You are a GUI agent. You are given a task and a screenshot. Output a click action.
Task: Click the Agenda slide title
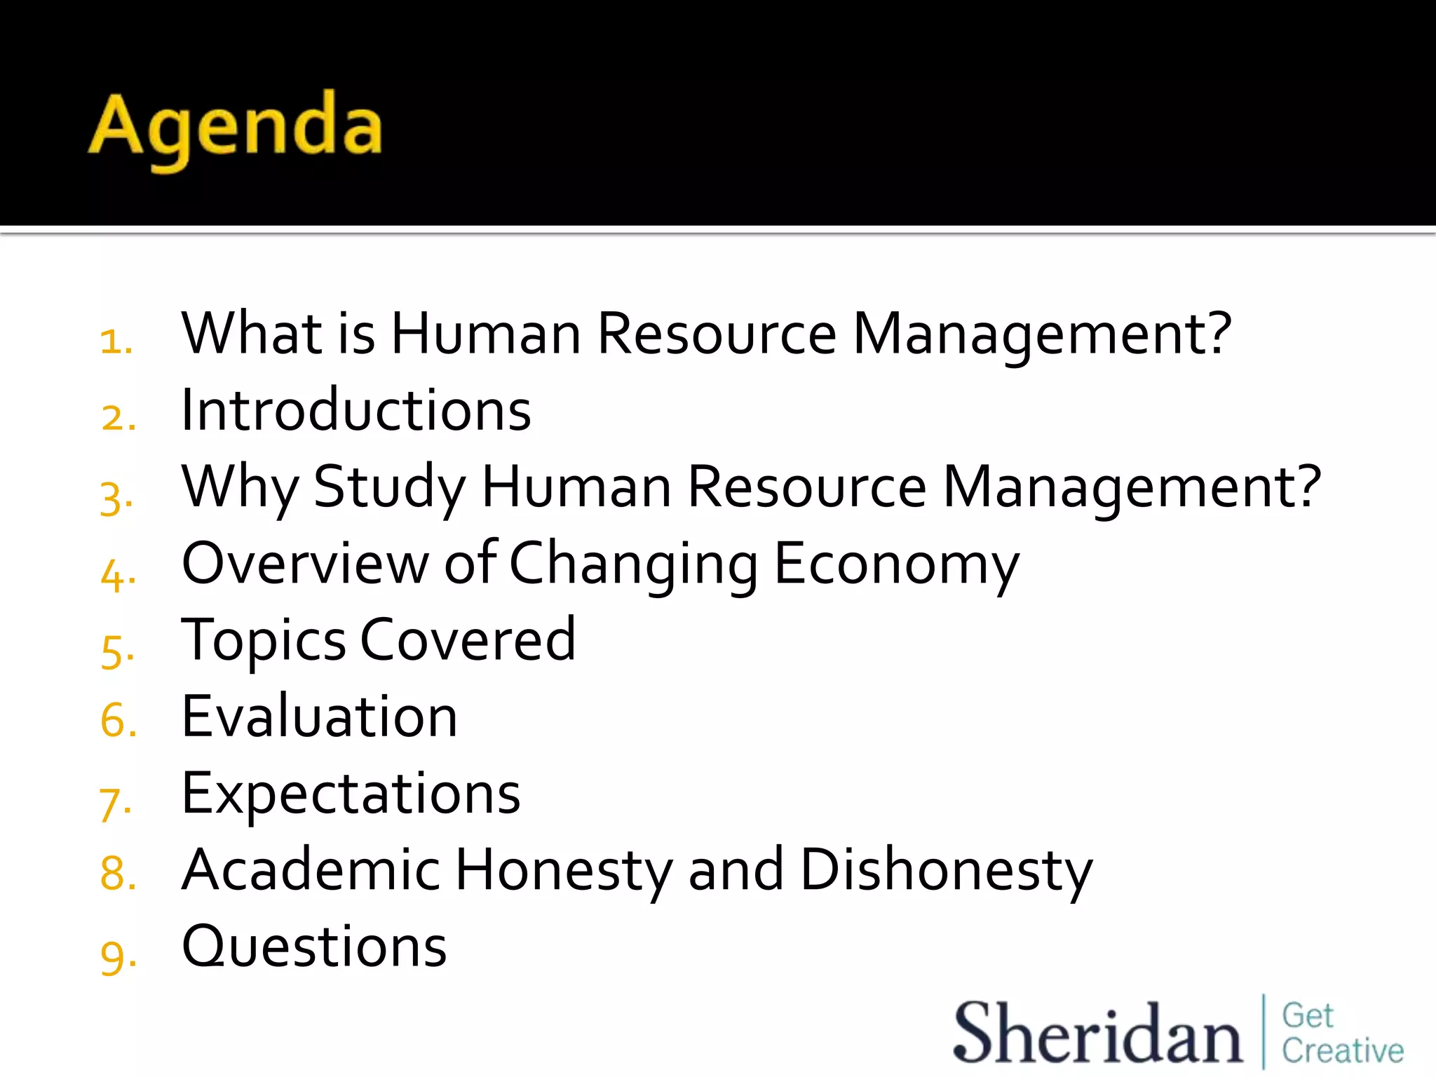pyautogui.click(x=236, y=128)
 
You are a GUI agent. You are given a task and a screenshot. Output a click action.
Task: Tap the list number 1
pyautogui.click(x=116, y=341)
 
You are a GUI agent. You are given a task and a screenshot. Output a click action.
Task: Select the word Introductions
pyautogui.click(x=355, y=410)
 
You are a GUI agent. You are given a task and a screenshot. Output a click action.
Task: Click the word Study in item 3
pyautogui.click(x=389, y=487)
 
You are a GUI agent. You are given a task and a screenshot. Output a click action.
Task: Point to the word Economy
pyautogui.click(x=897, y=564)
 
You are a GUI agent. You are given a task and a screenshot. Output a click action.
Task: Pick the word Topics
pyautogui.click(x=263, y=641)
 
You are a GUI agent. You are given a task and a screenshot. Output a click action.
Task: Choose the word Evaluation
pyautogui.click(x=319, y=717)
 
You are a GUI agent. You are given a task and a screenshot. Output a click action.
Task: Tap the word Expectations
pyautogui.click(x=351, y=794)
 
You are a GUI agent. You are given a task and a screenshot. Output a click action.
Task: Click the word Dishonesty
pyautogui.click(x=946, y=870)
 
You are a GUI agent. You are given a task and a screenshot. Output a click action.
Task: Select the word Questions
pyautogui.click(x=314, y=947)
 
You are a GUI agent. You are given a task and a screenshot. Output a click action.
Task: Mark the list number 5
pyautogui.click(x=116, y=649)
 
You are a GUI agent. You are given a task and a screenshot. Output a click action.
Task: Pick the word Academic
pyautogui.click(x=311, y=870)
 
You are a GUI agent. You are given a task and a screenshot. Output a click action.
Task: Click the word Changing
pyautogui.click(x=633, y=564)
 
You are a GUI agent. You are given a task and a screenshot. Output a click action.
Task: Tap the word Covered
pyautogui.click(x=468, y=639)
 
